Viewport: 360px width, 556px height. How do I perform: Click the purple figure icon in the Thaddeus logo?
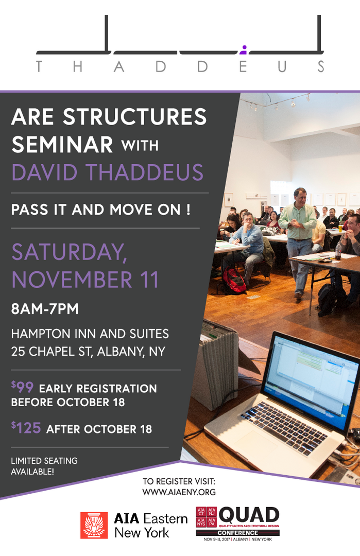[x=243, y=50]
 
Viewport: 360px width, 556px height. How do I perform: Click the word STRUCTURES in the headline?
[x=135, y=117]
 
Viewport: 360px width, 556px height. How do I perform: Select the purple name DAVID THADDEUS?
[x=108, y=172]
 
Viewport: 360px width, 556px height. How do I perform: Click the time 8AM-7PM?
[x=45, y=309]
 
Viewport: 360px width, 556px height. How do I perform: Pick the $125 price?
[x=26, y=428]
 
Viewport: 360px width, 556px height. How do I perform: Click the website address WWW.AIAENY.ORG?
[x=179, y=492]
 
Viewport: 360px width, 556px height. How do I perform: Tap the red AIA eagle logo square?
[x=94, y=525]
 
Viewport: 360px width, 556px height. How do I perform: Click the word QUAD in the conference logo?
[x=249, y=515]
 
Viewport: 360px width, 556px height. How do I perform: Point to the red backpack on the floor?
[x=234, y=280]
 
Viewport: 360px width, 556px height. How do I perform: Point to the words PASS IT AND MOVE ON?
[x=101, y=210]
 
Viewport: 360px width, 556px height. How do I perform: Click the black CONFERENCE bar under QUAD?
[x=238, y=533]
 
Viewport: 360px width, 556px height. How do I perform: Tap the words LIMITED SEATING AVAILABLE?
[x=44, y=466]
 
